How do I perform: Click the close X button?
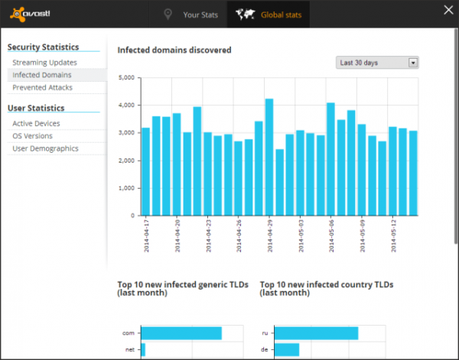click(x=448, y=10)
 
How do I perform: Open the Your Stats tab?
click(x=190, y=15)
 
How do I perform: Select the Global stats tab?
click(x=269, y=15)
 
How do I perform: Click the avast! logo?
click(x=30, y=14)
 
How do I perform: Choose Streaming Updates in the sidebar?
click(x=44, y=63)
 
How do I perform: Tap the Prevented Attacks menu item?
click(x=42, y=87)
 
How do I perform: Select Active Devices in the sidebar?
click(x=36, y=123)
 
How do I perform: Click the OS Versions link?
click(x=32, y=136)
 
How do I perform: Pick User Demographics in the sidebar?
click(x=45, y=148)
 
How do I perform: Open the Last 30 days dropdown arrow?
click(x=413, y=63)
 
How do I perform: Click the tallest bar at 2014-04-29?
click(x=269, y=157)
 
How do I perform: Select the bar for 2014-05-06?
click(x=330, y=159)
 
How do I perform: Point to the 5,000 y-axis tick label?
click(x=126, y=77)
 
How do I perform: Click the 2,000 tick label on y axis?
click(x=126, y=161)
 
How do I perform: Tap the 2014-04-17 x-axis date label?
click(x=146, y=236)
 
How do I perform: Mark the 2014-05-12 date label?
click(x=393, y=236)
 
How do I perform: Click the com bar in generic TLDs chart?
click(x=181, y=333)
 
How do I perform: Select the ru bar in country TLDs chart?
click(x=317, y=333)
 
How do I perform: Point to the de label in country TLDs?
click(x=265, y=350)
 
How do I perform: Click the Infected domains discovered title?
click(x=174, y=50)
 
